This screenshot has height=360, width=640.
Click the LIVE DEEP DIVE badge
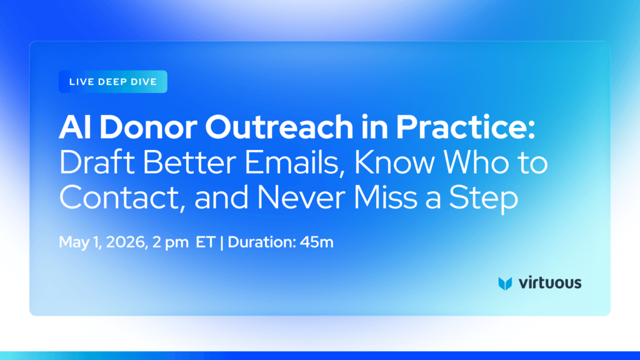coord(113,82)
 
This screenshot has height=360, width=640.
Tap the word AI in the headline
coord(76,127)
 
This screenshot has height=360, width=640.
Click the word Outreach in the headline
coord(279,127)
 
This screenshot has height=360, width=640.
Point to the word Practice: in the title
coord(465,127)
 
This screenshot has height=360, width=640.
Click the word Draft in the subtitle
coord(97,162)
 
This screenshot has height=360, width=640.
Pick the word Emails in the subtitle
coord(291,162)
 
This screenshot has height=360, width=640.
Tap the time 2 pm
coord(170,242)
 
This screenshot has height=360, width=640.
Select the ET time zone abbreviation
coord(205,242)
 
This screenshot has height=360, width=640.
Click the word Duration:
coord(262,242)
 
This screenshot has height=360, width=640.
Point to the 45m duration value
coord(317,242)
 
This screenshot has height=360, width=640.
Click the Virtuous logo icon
coord(505,283)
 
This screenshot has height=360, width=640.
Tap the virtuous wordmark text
coord(550,282)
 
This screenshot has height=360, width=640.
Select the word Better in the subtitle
coord(189,162)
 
